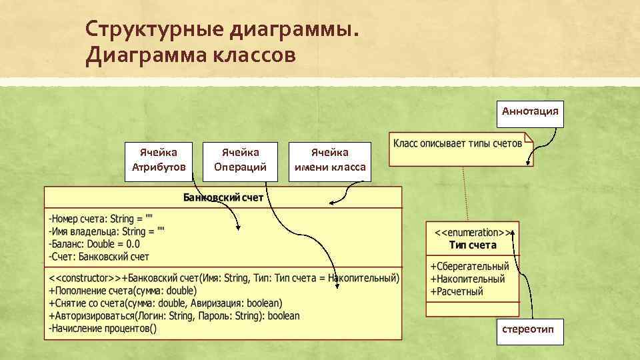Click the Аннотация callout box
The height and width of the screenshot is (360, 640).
click(x=530, y=112)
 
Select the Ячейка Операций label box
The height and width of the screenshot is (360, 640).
click(x=240, y=160)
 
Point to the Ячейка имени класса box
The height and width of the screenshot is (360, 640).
click(x=330, y=160)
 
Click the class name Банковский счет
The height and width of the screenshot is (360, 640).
click(x=223, y=197)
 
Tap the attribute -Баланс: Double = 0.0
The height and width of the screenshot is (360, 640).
click(x=93, y=243)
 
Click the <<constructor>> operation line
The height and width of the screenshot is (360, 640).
click(x=223, y=278)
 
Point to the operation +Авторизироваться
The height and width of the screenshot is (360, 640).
click(x=173, y=316)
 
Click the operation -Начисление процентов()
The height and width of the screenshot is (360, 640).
click(x=102, y=329)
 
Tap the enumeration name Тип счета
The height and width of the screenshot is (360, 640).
click(x=473, y=245)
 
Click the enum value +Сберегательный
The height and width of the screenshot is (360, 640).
click(x=469, y=267)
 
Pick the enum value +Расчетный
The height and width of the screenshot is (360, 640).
click(x=457, y=292)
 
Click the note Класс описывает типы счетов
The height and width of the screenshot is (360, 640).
click(x=457, y=144)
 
